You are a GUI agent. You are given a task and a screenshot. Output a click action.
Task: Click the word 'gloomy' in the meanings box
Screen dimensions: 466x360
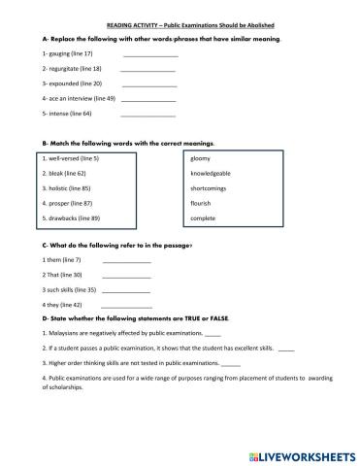201,157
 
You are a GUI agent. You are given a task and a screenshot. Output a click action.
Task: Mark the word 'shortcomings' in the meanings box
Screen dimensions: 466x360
210,187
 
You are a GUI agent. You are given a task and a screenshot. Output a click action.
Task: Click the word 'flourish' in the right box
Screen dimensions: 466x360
201,203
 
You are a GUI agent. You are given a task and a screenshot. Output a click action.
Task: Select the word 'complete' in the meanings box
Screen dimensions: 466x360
203,218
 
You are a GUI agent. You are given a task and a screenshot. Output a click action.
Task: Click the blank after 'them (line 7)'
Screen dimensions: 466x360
126,261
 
